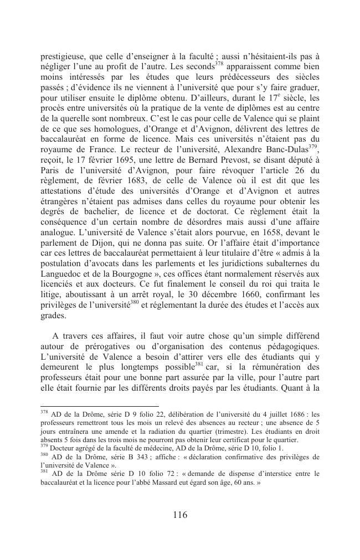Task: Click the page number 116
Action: click(x=180, y=515)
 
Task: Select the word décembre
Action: click(x=215, y=293)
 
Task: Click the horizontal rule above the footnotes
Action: click(x=92, y=406)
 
